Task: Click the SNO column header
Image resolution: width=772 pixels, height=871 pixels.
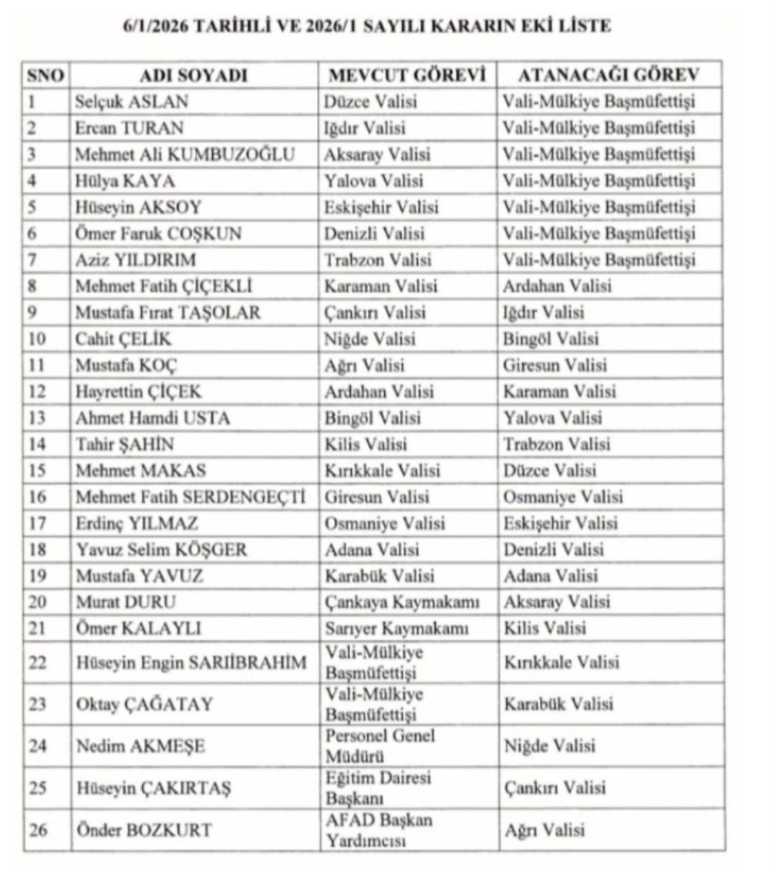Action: pos(46,76)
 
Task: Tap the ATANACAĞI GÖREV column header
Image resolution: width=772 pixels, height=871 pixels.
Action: pos(608,76)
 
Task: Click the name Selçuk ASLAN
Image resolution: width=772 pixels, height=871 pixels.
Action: pos(131,102)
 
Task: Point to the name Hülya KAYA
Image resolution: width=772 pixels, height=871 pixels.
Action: pos(125,181)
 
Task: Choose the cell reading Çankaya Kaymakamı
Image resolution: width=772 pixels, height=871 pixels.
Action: pos(403,602)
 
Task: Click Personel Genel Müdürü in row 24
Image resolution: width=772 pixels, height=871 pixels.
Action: pos(379,744)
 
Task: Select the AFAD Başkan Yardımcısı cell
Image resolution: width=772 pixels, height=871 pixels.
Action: pos(378,829)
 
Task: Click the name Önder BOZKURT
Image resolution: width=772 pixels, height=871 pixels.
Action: pos(143,830)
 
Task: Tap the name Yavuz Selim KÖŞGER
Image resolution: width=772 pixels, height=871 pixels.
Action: pos(161,550)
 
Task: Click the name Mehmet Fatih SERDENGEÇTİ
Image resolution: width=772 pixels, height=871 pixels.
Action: pos(190,498)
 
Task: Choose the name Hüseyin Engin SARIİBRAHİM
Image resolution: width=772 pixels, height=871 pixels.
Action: pos(190,663)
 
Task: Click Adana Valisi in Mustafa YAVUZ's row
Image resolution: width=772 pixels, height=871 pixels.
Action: pos(551,576)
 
